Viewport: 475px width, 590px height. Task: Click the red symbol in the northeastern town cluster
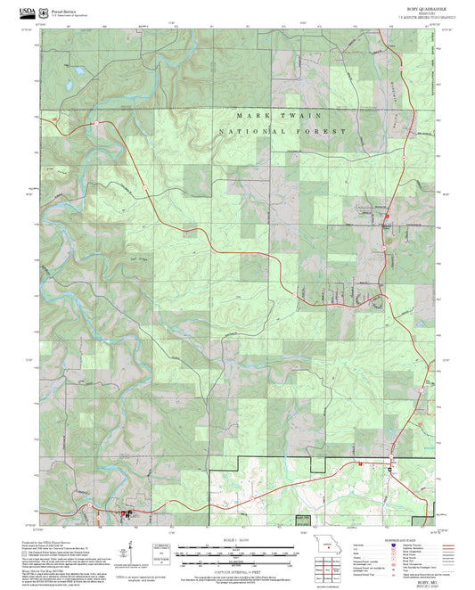(387, 218)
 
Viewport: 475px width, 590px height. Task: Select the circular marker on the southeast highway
(389, 467)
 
